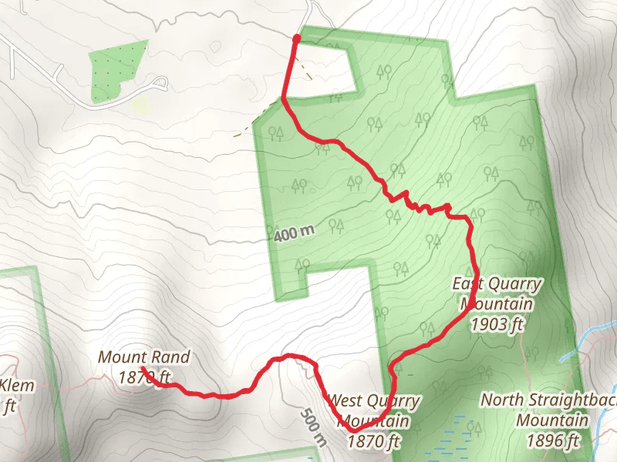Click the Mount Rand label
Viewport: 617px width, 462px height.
143,357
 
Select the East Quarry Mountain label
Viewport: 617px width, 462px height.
497,294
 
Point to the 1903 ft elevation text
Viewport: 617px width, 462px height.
497,324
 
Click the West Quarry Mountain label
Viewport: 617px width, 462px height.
374,411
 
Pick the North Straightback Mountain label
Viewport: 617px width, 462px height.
547,410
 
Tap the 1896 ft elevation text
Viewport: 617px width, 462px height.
553,440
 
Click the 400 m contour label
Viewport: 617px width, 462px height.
294,231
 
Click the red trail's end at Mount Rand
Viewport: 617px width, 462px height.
144,370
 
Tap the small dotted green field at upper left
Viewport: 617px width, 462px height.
116,71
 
